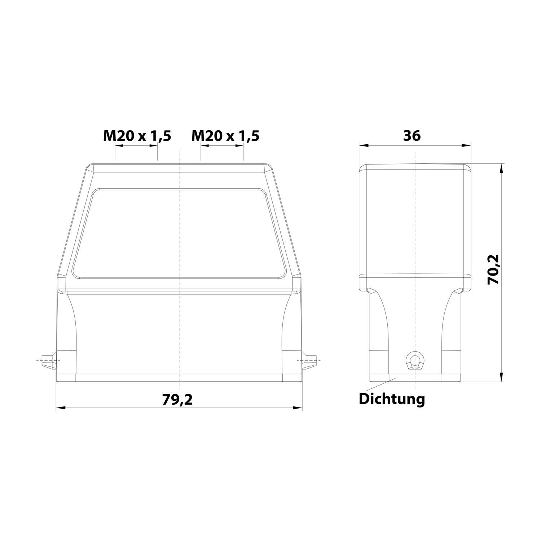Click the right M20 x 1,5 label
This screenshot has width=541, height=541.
click(225, 136)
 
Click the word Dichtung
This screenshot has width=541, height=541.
click(392, 399)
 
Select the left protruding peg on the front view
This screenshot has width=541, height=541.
click(48, 360)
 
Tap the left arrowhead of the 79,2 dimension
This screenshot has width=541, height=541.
click(61, 408)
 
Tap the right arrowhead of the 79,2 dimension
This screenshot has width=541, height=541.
click(298, 408)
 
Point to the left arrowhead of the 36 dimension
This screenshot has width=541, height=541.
click(364, 146)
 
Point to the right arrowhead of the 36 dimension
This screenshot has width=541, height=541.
click(467, 146)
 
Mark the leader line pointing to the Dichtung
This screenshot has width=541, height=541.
click(380, 384)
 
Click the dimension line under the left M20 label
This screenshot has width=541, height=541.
click(136, 146)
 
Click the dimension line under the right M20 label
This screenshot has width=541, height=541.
click(222, 146)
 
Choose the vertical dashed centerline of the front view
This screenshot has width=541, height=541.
click(179, 325)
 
